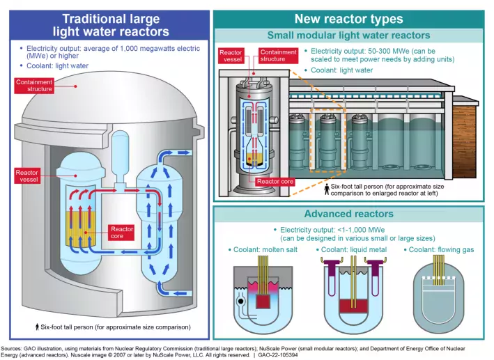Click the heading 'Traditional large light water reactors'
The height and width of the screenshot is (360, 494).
coord(111,25)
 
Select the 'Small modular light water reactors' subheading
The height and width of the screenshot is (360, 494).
coord(348,35)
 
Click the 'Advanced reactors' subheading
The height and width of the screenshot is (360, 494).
coord(348,214)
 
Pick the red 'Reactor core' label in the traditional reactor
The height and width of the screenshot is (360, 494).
coord(122,233)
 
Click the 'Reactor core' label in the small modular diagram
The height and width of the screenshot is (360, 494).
coord(276,182)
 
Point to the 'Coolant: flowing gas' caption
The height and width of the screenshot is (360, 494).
coord(440,250)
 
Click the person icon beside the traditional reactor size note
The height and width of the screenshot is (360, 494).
coord(36,326)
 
